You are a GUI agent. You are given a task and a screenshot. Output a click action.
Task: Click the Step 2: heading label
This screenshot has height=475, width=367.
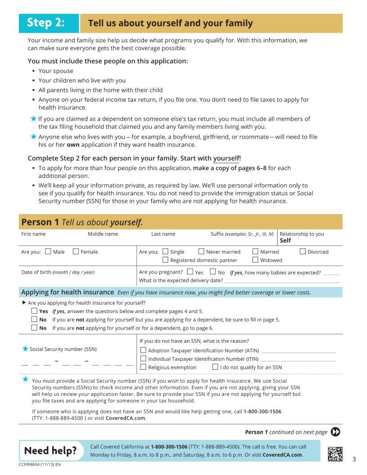tap(46, 23)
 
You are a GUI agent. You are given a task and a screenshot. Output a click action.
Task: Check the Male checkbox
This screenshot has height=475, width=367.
tap(49, 251)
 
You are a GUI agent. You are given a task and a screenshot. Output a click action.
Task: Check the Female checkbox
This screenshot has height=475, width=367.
tap(76, 251)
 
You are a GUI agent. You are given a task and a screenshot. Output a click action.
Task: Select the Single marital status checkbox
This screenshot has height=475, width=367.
tap(166, 251)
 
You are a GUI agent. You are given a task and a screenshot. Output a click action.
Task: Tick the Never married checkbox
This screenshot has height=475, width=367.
tap(201, 251)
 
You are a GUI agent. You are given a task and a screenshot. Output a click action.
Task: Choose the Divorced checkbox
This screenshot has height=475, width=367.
tap(303, 251)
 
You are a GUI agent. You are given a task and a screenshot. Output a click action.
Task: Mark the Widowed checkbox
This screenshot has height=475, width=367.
tap(255, 260)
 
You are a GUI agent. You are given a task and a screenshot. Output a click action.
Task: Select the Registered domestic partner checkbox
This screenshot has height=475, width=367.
tap(166, 260)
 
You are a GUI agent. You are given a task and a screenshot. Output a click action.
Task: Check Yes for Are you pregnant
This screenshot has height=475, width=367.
tap(190, 272)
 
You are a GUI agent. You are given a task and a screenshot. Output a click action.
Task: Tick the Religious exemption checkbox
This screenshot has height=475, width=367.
tap(143, 367)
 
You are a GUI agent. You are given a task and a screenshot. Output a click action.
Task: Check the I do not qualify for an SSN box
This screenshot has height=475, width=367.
tap(215, 367)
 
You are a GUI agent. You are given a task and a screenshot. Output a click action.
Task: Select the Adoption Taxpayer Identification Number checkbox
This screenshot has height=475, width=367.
tap(143, 350)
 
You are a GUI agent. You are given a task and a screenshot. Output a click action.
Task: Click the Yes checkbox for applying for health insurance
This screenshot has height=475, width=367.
tap(34, 311)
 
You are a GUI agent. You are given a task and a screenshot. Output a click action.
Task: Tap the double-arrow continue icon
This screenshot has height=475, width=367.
tap(336, 432)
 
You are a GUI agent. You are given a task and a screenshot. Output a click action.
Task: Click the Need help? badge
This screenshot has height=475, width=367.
tap(50, 451)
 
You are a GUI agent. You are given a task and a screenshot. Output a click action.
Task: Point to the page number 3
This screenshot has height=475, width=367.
tap(354, 459)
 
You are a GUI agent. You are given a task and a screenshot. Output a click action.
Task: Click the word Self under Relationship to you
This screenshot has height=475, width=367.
tap(285, 241)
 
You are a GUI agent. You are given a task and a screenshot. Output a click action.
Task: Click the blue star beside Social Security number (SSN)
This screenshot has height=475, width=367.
tap(25, 349)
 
